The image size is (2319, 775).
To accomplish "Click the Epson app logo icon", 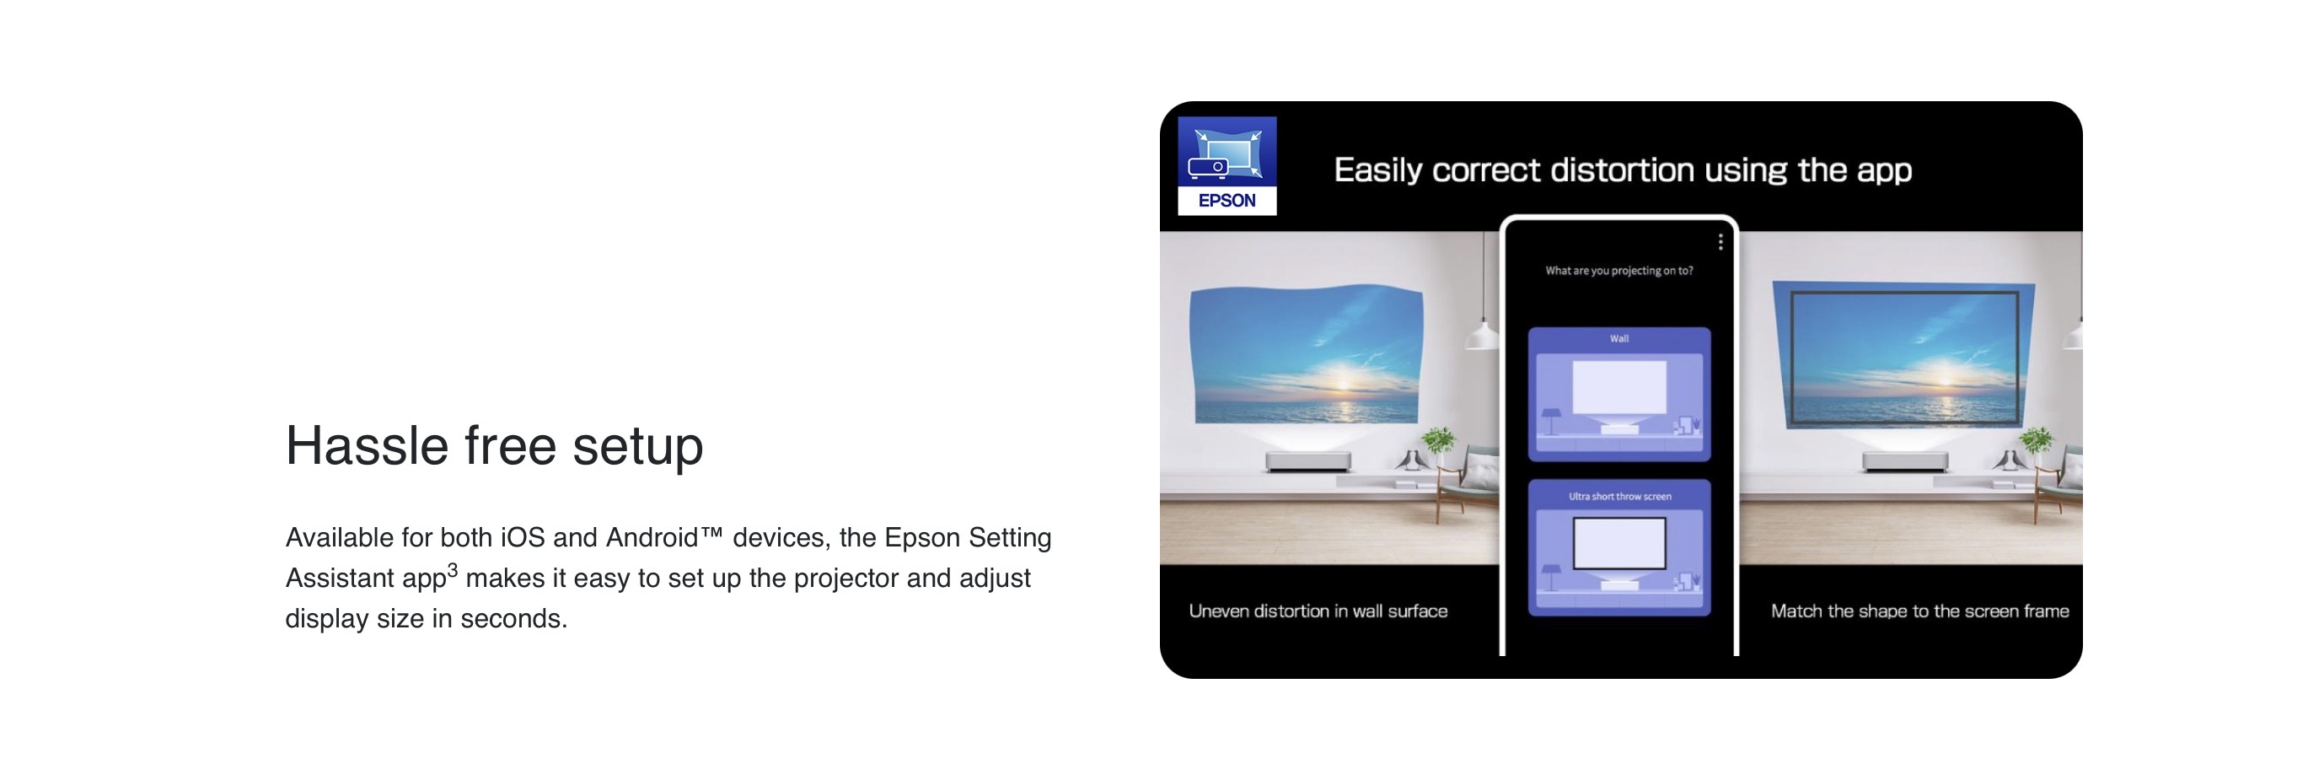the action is pyautogui.click(x=1227, y=165).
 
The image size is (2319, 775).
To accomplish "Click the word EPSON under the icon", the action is pyautogui.click(x=1227, y=201).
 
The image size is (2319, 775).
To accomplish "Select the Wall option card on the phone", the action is pyautogui.click(x=1618, y=395).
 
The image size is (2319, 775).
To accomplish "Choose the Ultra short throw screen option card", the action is pyautogui.click(x=1618, y=548).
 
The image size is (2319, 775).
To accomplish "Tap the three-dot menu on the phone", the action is pyautogui.click(x=1720, y=242).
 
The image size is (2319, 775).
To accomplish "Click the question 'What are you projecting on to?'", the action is pyautogui.click(x=1618, y=270).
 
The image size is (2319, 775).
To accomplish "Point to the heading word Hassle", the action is pyautogui.click(x=367, y=445).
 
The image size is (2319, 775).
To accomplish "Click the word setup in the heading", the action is pyautogui.click(x=637, y=447).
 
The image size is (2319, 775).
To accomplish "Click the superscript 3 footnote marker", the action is pyautogui.click(x=453, y=570).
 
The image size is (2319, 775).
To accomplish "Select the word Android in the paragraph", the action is pyautogui.click(x=652, y=537).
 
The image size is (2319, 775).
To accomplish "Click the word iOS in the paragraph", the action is pyautogui.click(x=522, y=537).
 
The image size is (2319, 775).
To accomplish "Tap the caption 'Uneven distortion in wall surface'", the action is pyautogui.click(x=1318, y=611).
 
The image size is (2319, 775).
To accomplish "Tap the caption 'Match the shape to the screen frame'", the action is pyautogui.click(x=1919, y=611).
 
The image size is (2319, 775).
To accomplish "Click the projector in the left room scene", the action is pyautogui.click(x=1308, y=460).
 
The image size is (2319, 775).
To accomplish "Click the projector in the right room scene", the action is pyautogui.click(x=1905, y=460).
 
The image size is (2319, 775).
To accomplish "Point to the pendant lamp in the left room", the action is pyautogui.click(x=1482, y=335).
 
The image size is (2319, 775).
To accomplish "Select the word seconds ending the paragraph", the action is pyautogui.click(x=513, y=619).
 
